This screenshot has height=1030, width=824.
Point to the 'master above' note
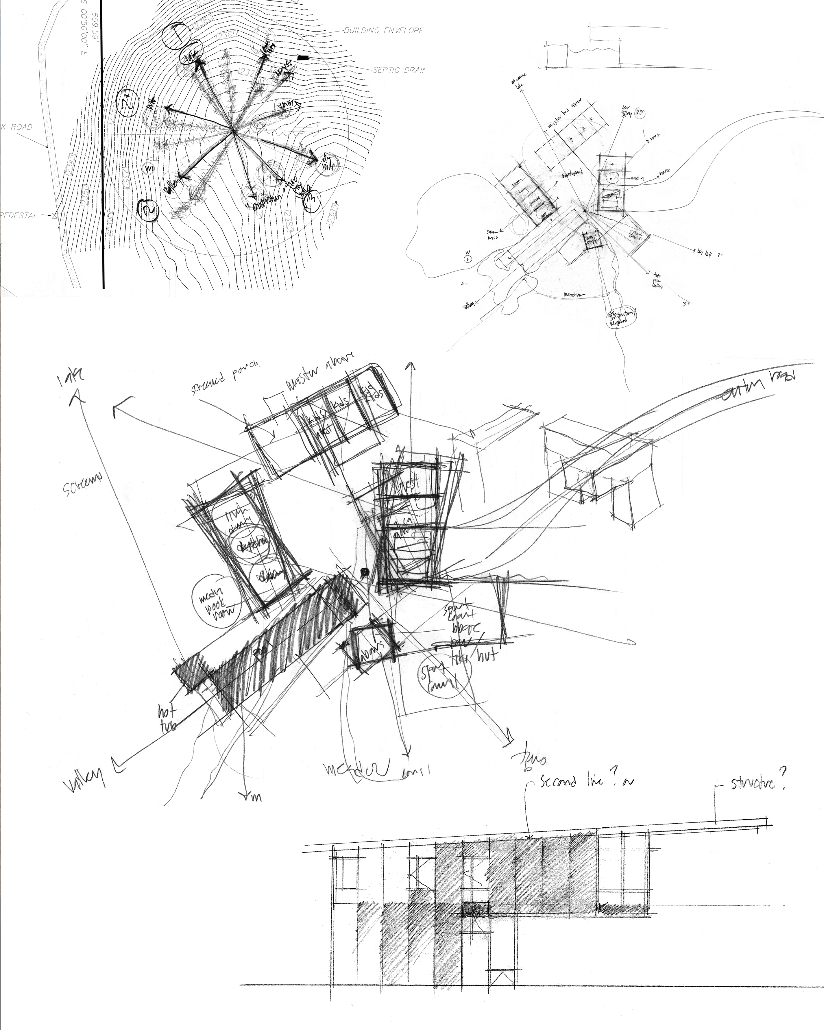pyautogui.click(x=319, y=371)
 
